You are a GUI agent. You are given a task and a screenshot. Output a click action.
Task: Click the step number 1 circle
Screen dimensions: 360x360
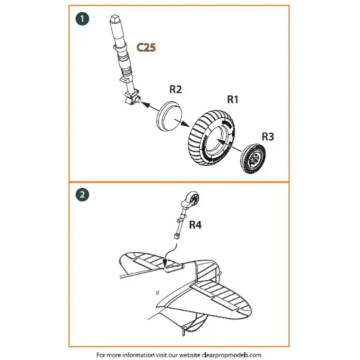coord(83,19)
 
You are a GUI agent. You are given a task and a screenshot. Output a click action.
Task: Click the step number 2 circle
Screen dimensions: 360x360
coord(83,195)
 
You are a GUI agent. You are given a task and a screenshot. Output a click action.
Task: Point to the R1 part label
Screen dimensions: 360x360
coord(233,99)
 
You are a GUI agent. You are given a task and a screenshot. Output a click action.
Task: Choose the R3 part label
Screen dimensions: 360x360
coord(267,136)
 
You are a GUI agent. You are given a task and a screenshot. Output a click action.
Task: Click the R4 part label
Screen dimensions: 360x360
coord(196,225)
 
